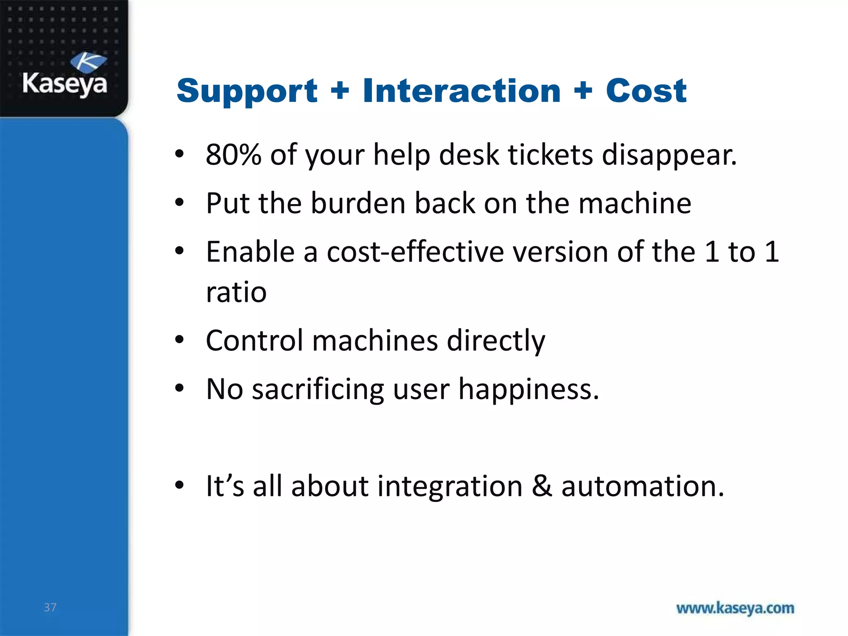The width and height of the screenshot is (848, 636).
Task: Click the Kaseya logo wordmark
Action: (x=65, y=84)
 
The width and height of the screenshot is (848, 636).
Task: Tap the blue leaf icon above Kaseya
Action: (x=88, y=62)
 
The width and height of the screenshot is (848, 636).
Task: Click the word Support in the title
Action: (x=247, y=92)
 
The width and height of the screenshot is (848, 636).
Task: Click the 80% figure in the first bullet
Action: (x=233, y=155)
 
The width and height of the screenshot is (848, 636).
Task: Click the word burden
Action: (x=358, y=203)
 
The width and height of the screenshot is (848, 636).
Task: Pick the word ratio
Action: (x=236, y=292)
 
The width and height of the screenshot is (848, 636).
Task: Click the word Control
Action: (x=254, y=341)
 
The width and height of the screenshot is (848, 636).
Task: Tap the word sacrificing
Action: (x=318, y=390)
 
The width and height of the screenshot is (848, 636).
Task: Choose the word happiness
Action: (x=528, y=390)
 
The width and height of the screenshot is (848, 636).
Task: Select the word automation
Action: (x=642, y=486)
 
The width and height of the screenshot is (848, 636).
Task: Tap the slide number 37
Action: (x=50, y=607)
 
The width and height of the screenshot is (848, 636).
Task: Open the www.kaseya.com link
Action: (x=735, y=608)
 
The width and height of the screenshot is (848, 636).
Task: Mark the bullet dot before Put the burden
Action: (x=179, y=203)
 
